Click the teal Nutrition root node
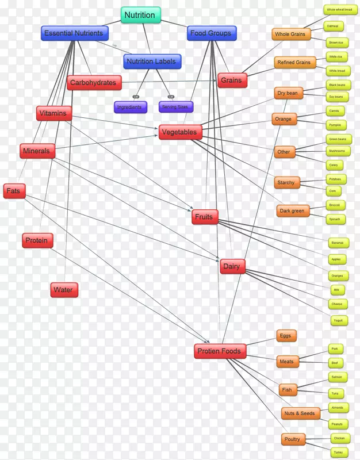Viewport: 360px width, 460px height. pyautogui.click(x=140, y=16)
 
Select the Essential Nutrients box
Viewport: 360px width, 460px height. pyautogui.click(x=74, y=33)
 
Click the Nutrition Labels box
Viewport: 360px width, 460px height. pyautogui.click(x=152, y=62)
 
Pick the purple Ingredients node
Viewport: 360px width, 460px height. pyautogui.click(x=131, y=107)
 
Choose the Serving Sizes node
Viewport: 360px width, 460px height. pyautogui.click(x=176, y=107)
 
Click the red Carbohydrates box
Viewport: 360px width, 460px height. pyautogui.click(x=93, y=83)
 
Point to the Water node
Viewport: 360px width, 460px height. pyautogui.click(x=63, y=290)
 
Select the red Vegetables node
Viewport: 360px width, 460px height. pyautogui.click(x=179, y=132)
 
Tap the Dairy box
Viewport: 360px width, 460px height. pyautogui.click(x=232, y=266)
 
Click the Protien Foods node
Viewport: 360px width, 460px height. pyautogui.click(x=220, y=351)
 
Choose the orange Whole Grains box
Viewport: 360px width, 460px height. pyautogui.click(x=291, y=34)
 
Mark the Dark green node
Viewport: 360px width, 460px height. pyautogui.click(x=293, y=211)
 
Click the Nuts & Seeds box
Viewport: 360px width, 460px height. pyautogui.click(x=300, y=413)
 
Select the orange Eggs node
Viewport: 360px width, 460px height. pyautogui.click(x=286, y=336)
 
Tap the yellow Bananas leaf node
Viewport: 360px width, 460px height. pyautogui.click(x=336, y=243)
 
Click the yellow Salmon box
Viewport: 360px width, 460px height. pyautogui.click(x=336, y=377)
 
